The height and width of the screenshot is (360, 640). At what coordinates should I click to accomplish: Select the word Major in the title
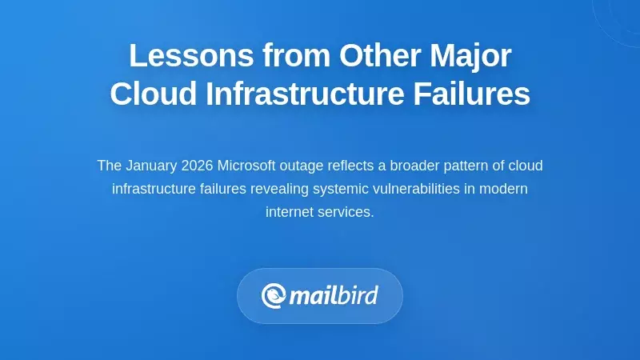pos(467,56)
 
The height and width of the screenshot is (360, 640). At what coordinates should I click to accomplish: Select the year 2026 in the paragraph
pos(197,166)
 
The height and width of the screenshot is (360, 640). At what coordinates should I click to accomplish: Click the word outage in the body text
pos(303,166)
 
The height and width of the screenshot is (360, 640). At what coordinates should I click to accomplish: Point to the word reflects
pos(351,166)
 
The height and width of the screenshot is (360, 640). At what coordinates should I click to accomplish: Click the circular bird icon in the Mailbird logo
pos(274,296)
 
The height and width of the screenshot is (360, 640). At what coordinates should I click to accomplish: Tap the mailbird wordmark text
pos(333,296)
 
